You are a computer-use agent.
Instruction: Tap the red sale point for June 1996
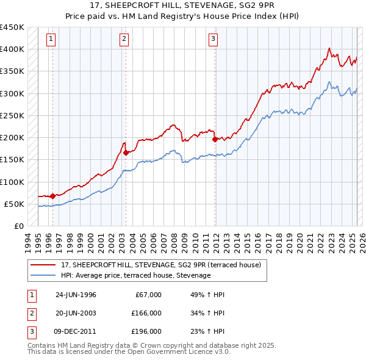click(x=52, y=196)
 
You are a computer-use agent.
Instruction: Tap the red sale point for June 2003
click(x=126, y=153)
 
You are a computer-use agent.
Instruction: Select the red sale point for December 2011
click(x=215, y=139)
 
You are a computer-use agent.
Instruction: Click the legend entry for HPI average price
click(x=135, y=275)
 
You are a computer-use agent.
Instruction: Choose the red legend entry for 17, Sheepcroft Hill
click(x=160, y=265)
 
